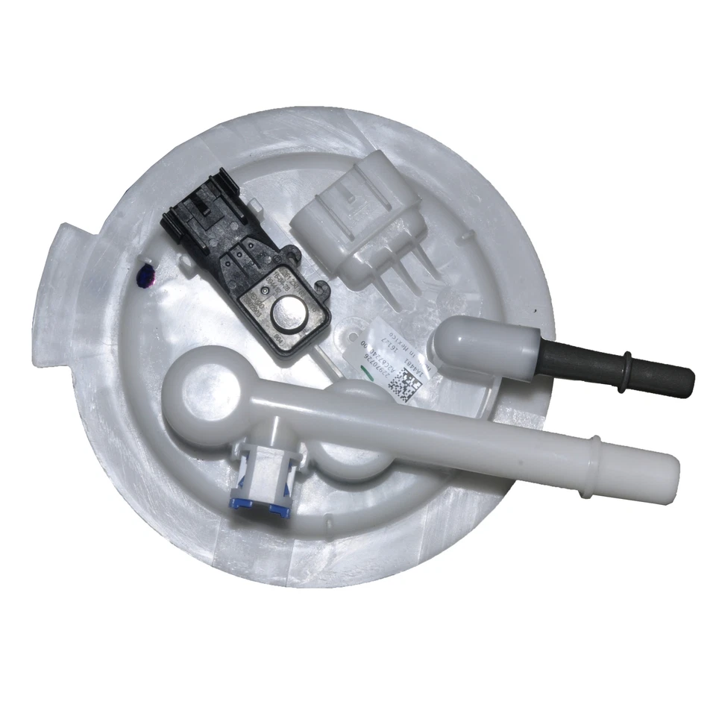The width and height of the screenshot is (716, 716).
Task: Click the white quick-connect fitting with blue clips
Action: pos(264,481)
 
